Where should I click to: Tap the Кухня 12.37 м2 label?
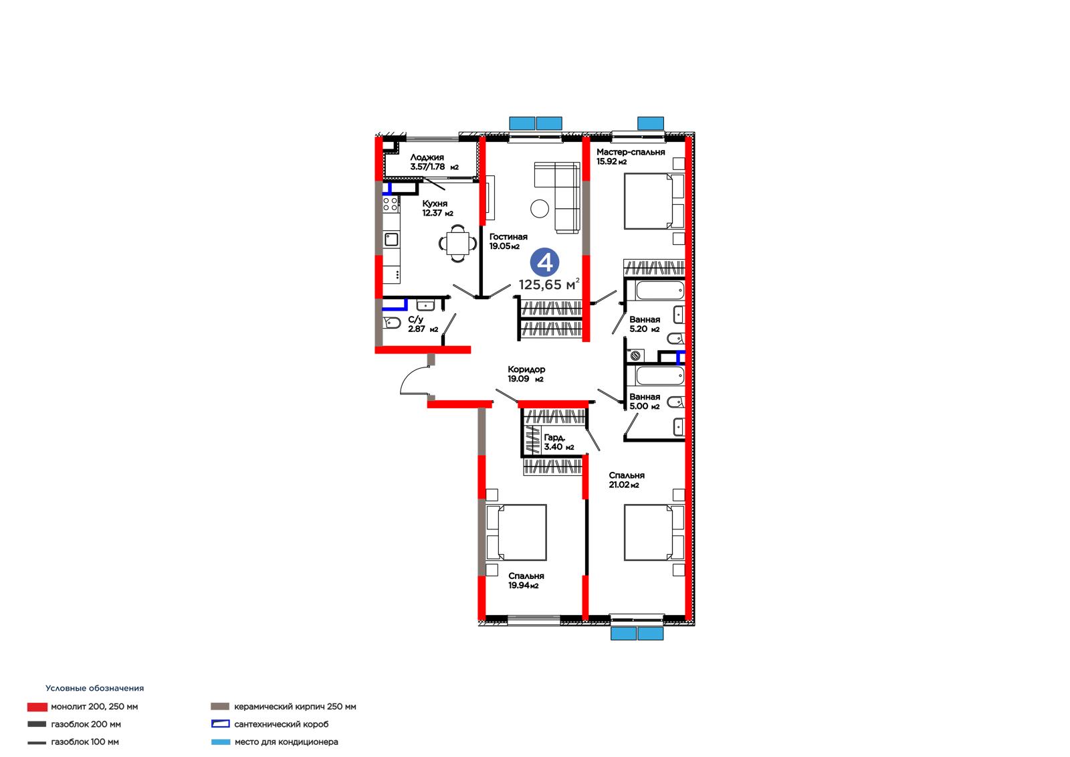[x=437, y=209]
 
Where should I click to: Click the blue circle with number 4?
[x=545, y=262]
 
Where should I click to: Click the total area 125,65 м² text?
[x=549, y=284]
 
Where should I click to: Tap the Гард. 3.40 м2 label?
[x=559, y=442]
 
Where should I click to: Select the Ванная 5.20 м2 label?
[x=645, y=324]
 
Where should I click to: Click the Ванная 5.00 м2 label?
[x=645, y=402]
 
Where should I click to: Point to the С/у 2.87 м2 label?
[x=423, y=324]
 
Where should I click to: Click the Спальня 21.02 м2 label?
[x=626, y=480]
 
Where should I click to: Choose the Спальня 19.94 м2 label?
[x=526, y=581]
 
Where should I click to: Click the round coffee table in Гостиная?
[x=540, y=209]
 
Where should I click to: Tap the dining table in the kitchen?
[x=457, y=244]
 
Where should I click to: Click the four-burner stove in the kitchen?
[x=391, y=204]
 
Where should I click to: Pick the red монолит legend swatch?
[x=37, y=707]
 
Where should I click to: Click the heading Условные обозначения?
[x=94, y=688]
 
